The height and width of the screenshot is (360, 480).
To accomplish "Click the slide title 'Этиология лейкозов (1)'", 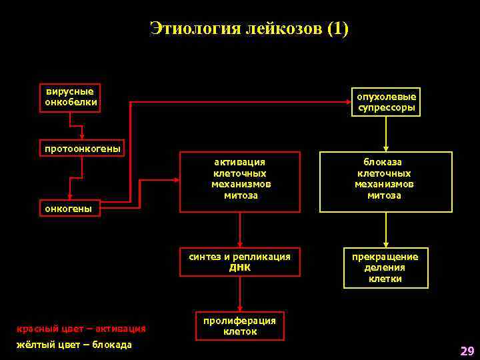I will (249, 29).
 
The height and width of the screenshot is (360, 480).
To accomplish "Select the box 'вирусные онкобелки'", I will (70, 97).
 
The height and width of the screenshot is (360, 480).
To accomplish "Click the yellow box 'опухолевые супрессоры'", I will (386, 102).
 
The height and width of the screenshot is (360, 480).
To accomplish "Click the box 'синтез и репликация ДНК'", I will (239, 261).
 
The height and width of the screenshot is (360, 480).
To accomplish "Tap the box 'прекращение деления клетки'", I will (385, 267).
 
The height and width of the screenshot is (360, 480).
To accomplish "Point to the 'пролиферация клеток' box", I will (239, 326).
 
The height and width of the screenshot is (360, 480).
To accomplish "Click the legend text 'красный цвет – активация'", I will (81, 328).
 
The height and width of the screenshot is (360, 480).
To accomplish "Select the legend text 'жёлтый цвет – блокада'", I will (74, 345).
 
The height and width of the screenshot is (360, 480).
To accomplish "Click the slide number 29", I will (467, 351).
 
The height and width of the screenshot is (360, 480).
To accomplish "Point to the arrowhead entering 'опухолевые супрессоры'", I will (347, 101).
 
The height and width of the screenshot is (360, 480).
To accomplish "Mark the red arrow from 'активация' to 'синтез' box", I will (240, 230).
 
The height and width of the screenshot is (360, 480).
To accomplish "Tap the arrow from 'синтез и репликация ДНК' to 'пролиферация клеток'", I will (240, 293).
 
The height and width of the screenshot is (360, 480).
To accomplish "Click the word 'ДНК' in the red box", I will (240, 267).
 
